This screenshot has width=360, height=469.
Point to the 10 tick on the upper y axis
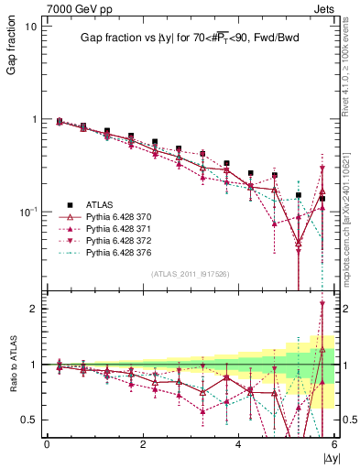click(x=30, y=26)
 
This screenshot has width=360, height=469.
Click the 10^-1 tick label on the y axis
click(x=27, y=212)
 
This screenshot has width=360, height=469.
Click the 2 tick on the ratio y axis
click(x=32, y=309)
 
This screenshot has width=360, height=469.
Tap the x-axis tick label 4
click(x=238, y=444)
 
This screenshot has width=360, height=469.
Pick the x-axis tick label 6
click(x=333, y=444)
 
